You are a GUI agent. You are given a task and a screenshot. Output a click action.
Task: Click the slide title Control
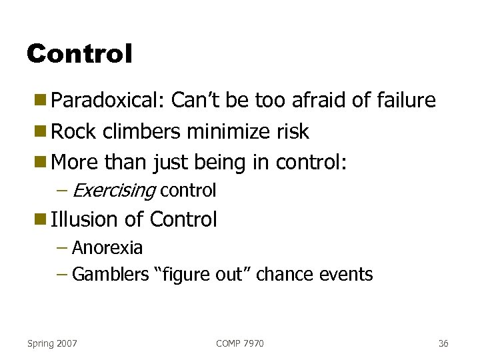click(80, 53)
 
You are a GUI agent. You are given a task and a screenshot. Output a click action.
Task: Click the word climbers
click(141, 131)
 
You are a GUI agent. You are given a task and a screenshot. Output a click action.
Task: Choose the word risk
click(293, 131)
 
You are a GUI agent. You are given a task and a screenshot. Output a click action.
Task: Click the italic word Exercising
click(113, 191)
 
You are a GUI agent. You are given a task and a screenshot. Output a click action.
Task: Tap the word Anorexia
click(107, 248)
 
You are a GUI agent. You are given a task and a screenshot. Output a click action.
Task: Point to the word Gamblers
click(110, 274)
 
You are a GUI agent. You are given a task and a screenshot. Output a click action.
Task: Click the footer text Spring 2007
click(52, 343)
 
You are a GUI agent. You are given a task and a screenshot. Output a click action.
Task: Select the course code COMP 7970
click(240, 343)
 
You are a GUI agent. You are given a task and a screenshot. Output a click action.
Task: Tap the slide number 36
click(443, 343)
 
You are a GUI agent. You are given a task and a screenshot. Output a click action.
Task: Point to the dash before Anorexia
click(62, 248)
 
